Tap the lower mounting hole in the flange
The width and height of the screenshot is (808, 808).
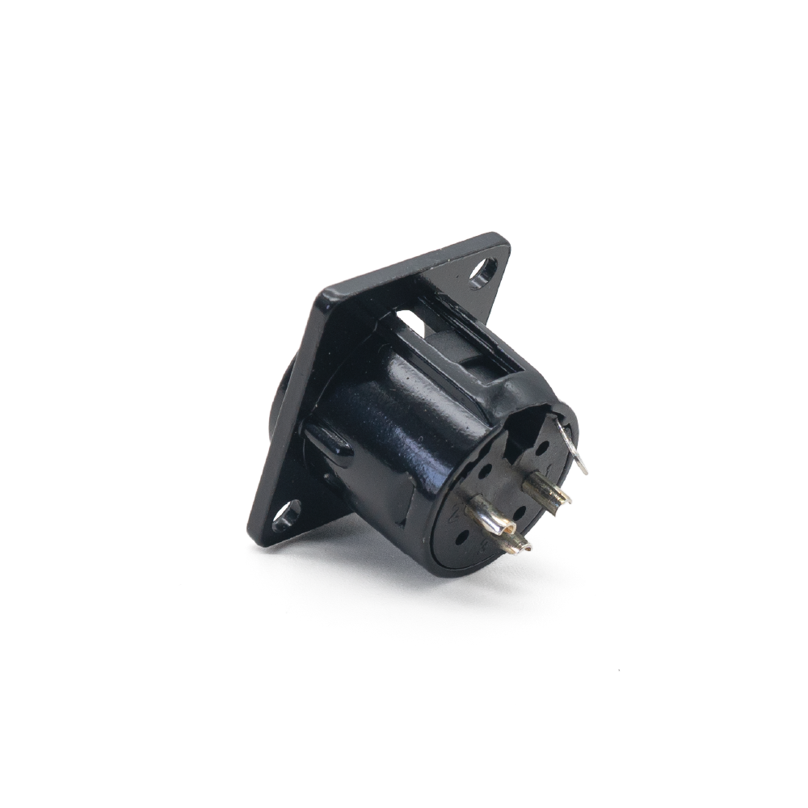click(x=286, y=514)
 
